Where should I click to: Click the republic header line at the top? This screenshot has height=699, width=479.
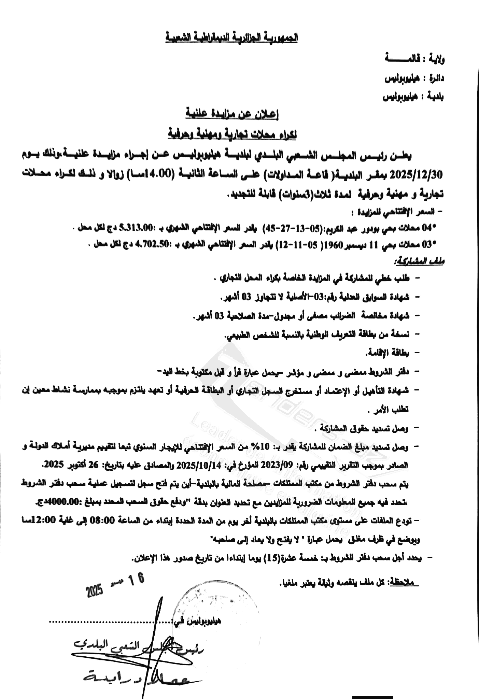(x=231, y=37)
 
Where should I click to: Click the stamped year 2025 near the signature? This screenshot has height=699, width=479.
(x=95, y=590)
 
